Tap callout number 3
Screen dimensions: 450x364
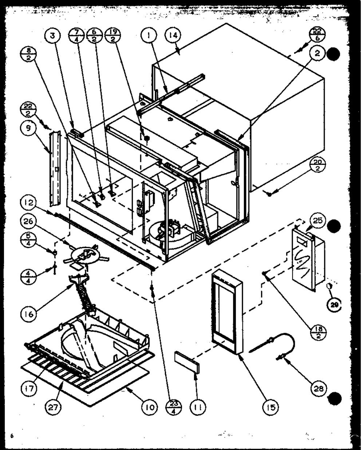(54, 37)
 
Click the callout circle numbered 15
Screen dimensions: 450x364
(269, 406)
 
